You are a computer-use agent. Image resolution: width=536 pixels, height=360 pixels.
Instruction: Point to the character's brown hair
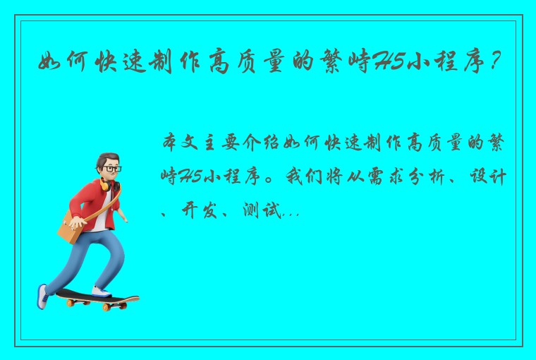(108, 157)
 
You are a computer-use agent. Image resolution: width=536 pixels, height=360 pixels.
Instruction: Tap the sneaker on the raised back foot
(43, 295)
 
